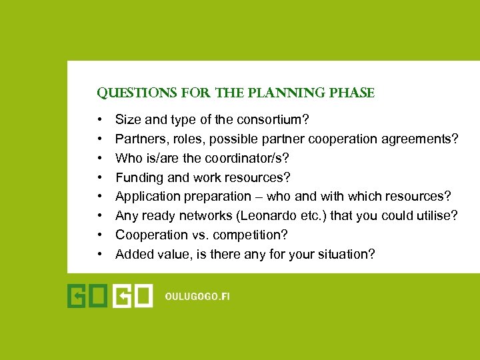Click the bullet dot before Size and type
(x=99, y=121)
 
